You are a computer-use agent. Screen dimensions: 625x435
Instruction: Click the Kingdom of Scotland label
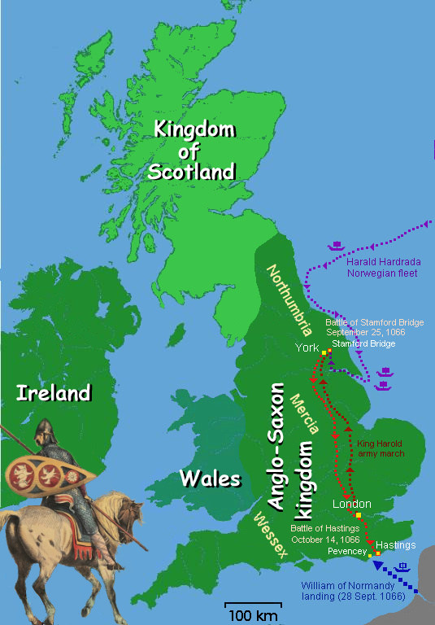pos(194,151)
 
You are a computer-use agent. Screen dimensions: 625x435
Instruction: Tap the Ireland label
pos(53,393)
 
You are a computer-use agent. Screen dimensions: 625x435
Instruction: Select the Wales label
pos(211,478)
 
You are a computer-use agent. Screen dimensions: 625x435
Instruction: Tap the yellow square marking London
pos(357,516)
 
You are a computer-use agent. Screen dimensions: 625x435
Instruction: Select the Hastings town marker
pos(378,554)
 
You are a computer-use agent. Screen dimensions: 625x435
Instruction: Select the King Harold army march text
pos(381,448)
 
